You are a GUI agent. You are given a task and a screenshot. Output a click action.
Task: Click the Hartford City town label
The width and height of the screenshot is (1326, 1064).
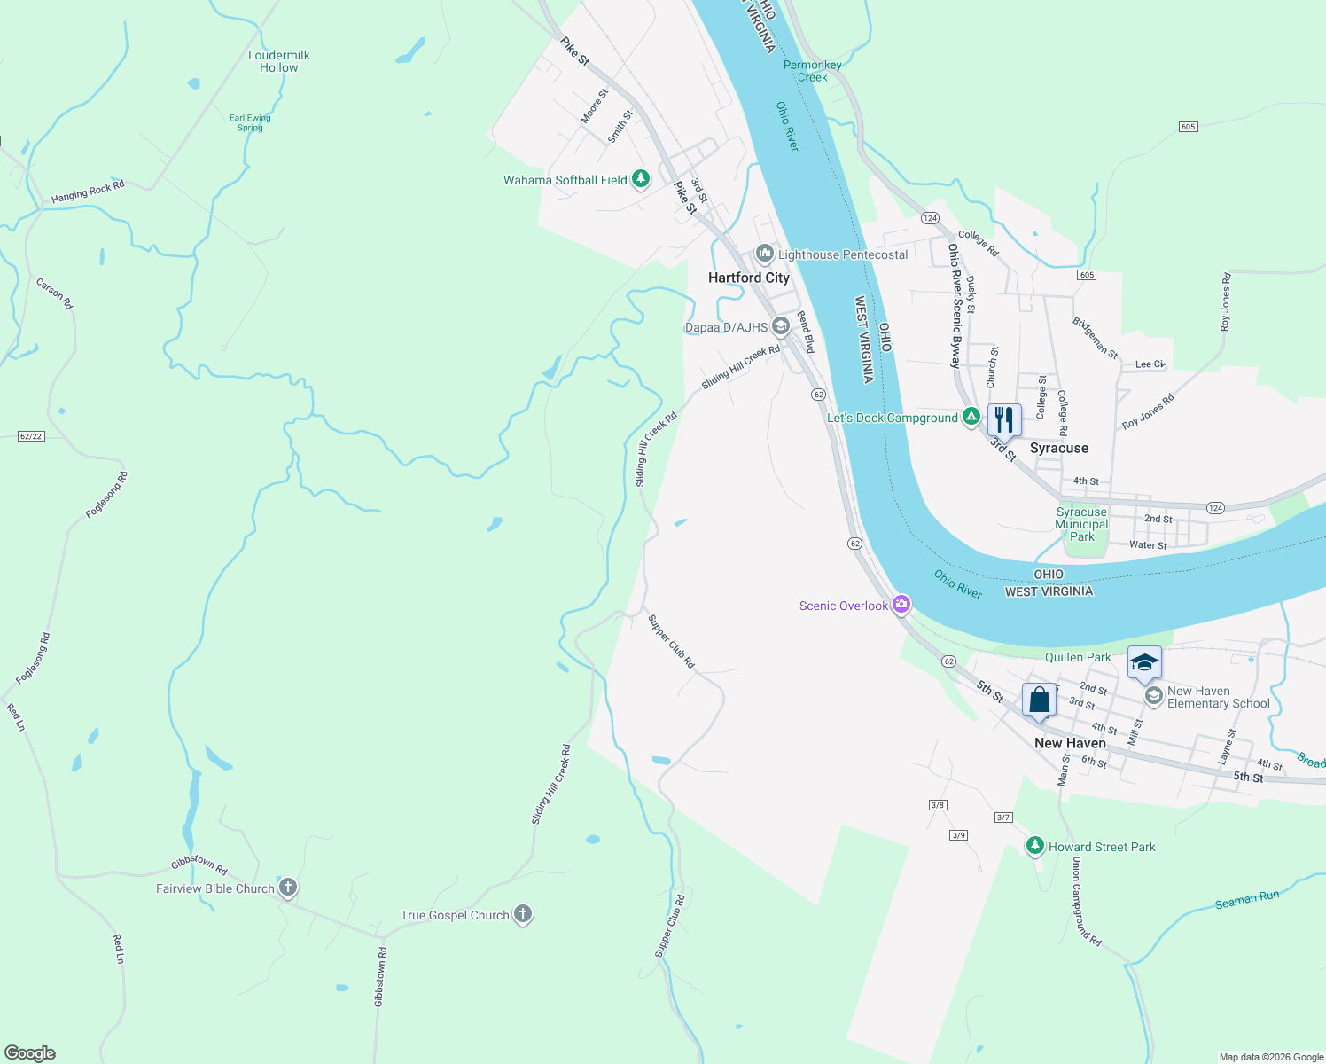[748, 278]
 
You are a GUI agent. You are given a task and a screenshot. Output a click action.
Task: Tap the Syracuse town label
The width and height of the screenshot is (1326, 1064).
[1058, 448]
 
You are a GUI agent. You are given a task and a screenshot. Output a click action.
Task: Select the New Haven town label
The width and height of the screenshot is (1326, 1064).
[1070, 743]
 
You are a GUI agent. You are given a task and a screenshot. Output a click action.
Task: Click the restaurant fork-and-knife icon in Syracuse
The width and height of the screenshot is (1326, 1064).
[1004, 419]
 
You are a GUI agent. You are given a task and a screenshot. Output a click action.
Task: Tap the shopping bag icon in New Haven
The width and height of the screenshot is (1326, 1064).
[1039, 700]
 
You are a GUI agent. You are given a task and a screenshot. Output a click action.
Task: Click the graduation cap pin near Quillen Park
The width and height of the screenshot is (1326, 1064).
[1144, 662]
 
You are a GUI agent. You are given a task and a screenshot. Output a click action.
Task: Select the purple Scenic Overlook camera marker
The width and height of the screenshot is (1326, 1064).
[901, 605]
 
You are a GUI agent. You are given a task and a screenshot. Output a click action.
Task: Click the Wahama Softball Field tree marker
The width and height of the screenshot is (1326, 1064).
[640, 179]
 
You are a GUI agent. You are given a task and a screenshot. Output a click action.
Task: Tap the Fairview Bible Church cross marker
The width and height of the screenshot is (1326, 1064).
[287, 887]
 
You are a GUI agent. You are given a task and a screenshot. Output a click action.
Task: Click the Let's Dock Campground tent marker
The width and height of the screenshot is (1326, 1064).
[971, 416]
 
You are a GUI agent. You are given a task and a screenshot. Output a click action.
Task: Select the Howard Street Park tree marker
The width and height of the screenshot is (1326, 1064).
[1034, 845]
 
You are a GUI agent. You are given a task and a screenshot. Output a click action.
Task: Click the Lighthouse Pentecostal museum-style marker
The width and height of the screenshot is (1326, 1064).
[764, 254]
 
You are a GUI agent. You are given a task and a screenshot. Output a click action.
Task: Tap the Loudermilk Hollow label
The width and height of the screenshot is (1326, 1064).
[279, 61]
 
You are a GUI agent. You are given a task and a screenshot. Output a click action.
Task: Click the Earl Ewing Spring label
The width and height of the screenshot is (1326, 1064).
[250, 122]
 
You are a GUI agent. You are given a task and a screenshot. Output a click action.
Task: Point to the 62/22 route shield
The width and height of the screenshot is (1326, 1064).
[31, 436]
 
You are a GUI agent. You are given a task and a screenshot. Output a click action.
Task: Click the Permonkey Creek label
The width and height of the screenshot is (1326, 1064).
[812, 71]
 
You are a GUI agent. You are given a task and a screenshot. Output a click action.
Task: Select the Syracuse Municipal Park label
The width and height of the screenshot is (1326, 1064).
[1081, 524]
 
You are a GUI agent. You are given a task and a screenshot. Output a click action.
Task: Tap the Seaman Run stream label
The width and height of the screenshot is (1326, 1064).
[1247, 900]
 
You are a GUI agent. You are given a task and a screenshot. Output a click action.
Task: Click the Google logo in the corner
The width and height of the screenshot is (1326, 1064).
[30, 1053]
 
